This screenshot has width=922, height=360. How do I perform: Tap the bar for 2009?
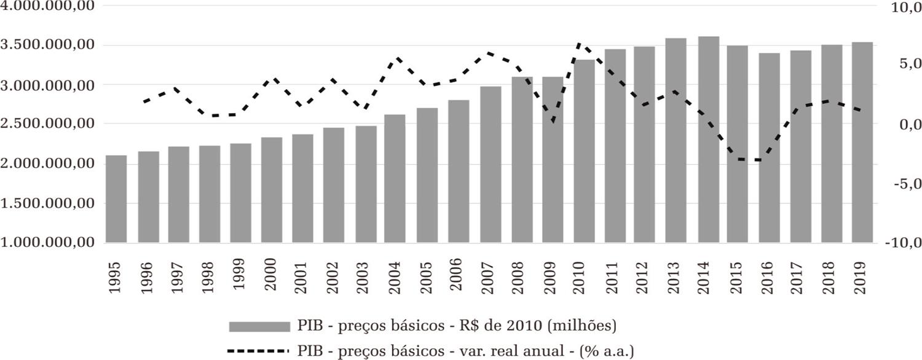tap(553, 159)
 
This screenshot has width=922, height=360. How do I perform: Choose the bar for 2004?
tap(395, 178)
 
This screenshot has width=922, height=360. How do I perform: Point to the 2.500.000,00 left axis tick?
tap(48, 124)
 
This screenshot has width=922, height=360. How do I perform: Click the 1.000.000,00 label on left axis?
tap(48, 243)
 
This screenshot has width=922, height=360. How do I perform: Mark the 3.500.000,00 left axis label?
tap(48, 45)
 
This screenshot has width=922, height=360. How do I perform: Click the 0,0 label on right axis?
tap(904, 125)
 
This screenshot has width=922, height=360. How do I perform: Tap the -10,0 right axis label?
tap(900, 243)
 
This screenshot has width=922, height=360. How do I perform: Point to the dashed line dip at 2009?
tap(553, 122)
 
